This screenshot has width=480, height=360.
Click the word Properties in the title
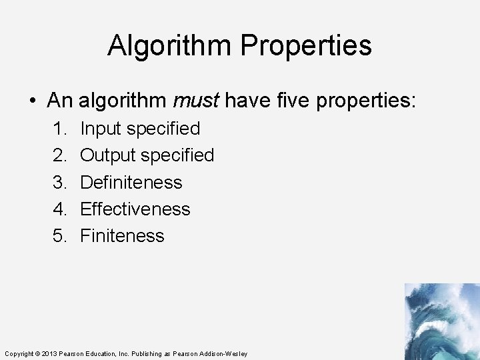coord(306,46)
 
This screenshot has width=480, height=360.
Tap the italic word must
coord(195,101)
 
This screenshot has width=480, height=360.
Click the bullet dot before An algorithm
coord(33,101)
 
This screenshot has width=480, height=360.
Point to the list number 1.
coord(59,129)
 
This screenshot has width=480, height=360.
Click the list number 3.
coord(59,182)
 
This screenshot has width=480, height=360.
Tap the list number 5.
coord(59,235)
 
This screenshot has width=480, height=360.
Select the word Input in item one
coord(101,129)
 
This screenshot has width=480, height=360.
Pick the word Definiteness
coord(131,182)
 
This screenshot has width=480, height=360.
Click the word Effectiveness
coord(135,209)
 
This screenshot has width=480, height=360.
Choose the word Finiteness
coord(122,235)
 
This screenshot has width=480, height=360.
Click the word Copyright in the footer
coord(18,353)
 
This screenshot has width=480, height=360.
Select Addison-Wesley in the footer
coord(225,353)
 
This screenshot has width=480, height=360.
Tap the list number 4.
coord(59,209)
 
